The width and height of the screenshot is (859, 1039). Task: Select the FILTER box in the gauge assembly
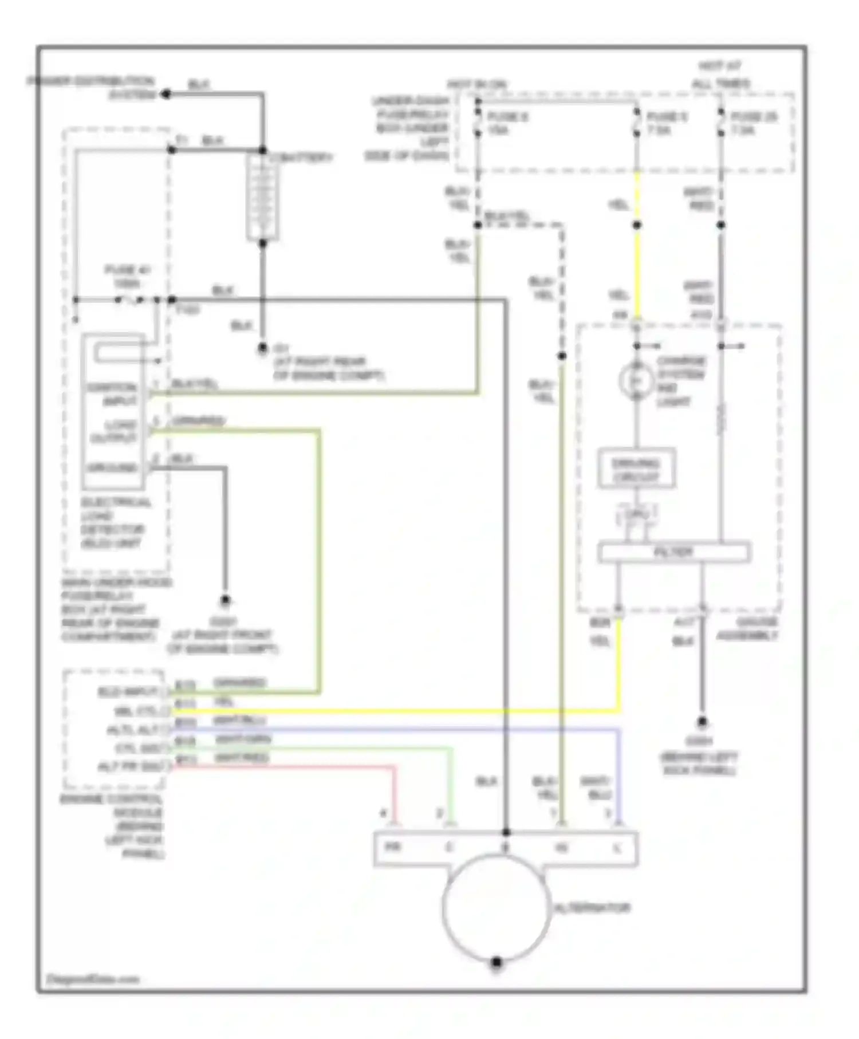[673, 552]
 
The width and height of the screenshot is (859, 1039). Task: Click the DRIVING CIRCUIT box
[636, 470]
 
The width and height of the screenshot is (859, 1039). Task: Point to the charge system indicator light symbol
[636, 380]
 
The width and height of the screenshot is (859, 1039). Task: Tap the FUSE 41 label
[127, 276]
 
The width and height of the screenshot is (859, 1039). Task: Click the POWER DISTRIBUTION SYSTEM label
[92, 87]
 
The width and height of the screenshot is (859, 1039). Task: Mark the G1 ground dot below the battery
[262, 348]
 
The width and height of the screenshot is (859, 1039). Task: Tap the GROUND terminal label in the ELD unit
[112, 468]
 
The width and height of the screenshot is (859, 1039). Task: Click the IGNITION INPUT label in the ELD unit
[112, 394]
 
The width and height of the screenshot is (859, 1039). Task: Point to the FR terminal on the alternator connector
[392, 847]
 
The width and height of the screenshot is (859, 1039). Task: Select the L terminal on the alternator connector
[617, 848]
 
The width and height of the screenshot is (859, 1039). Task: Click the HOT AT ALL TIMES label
[720, 75]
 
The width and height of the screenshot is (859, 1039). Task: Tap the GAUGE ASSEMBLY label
[748, 629]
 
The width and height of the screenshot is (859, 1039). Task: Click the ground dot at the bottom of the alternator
[497, 962]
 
